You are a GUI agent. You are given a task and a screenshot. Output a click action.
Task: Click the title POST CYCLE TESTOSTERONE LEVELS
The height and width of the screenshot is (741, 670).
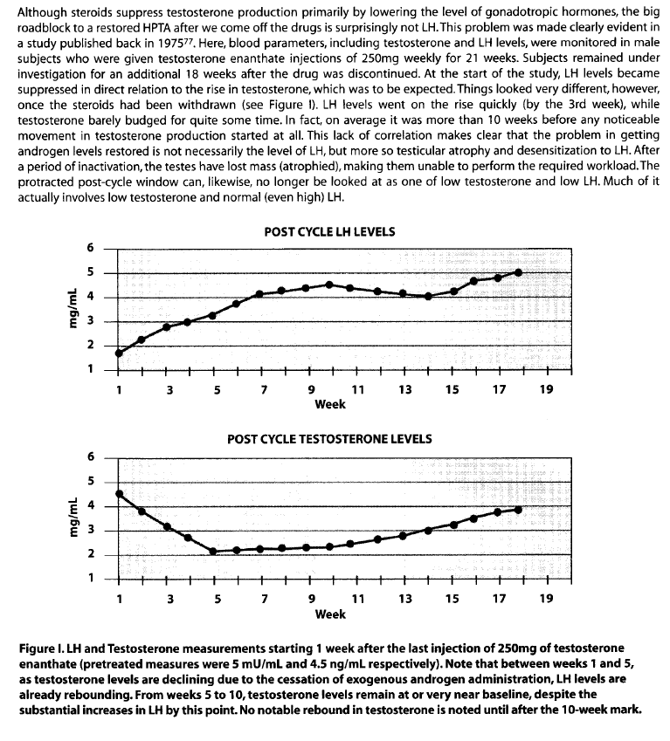click(x=329, y=439)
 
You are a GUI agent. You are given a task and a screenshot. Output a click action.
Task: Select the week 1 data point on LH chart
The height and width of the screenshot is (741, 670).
click(x=119, y=353)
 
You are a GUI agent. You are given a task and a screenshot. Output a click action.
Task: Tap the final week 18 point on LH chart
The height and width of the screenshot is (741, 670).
click(x=519, y=272)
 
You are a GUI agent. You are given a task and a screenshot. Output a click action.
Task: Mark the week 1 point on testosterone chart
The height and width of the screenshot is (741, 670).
click(x=119, y=494)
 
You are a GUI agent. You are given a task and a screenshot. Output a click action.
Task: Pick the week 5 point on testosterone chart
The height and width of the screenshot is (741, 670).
click(x=214, y=551)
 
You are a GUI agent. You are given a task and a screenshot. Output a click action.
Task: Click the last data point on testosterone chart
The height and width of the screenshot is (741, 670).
click(x=519, y=509)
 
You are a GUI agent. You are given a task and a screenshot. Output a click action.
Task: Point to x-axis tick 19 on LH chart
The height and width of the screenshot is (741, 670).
click(x=546, y=389)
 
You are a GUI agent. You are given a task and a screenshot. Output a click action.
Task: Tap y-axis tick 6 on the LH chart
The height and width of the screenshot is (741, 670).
click(x=87, y=247)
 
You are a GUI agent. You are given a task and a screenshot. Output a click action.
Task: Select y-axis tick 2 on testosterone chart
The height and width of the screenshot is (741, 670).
click(x=87, y=555)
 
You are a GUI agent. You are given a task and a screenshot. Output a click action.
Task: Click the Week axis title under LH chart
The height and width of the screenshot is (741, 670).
click(x=331, y=404)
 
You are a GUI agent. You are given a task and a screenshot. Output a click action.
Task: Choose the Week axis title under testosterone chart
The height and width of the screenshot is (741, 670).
click(x=331, y=614)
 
